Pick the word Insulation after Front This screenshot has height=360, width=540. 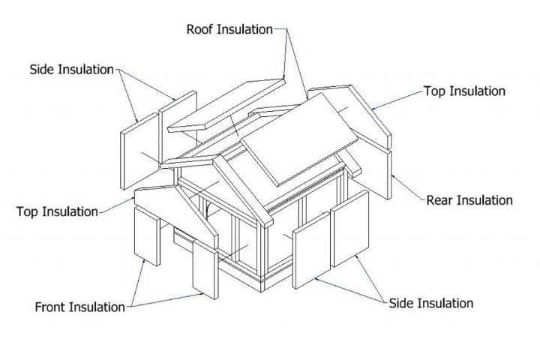coord(97,307)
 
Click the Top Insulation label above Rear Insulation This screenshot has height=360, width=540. coord(464,91)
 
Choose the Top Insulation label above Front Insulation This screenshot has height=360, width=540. coord(57,211)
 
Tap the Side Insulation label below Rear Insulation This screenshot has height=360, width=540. coord(430,304)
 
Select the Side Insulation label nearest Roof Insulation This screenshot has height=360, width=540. coord(72,70)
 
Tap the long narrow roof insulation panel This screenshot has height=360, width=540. coord(227,105)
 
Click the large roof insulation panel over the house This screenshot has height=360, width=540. coord(299,139)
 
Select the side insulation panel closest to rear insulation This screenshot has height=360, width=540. coord(350,229)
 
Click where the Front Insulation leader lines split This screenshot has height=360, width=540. coord(131,306)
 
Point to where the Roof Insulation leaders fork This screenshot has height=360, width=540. coord(286,29)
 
